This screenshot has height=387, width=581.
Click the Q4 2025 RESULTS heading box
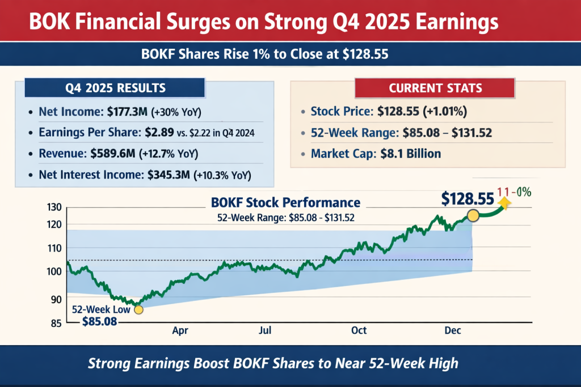115,88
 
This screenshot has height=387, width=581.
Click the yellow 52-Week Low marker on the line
138,309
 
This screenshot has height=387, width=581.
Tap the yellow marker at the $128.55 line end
473,216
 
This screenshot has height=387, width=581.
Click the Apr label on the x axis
180,330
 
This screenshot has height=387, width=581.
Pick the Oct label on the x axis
359,330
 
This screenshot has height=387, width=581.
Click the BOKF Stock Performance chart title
285,202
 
